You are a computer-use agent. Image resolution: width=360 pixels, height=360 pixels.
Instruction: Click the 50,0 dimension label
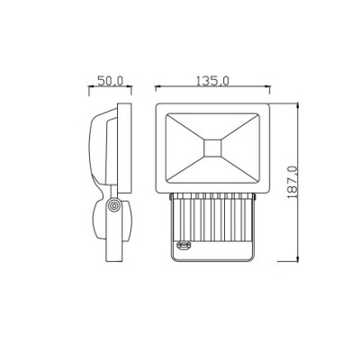click(x=110, y=81)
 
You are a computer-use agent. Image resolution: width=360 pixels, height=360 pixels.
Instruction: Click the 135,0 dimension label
click(x=212, y=81)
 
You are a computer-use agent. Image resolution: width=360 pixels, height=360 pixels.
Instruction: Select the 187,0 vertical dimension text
click(x=292, y=182)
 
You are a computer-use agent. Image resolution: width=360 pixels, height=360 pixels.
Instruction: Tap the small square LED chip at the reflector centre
click(x=212, y=148)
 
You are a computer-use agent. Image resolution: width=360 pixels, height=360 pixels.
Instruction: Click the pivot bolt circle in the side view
click(x=113, y=206)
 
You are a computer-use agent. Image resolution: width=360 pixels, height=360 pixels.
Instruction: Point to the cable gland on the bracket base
click(x=183, y=246)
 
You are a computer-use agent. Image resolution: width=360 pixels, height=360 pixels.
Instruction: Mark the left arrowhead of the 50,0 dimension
click(x=92, y=86)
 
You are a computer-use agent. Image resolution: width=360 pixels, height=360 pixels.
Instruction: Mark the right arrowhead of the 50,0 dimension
click(x=129, y=86)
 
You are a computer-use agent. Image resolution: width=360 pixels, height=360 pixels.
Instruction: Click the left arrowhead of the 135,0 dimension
click(x=158, y=86)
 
